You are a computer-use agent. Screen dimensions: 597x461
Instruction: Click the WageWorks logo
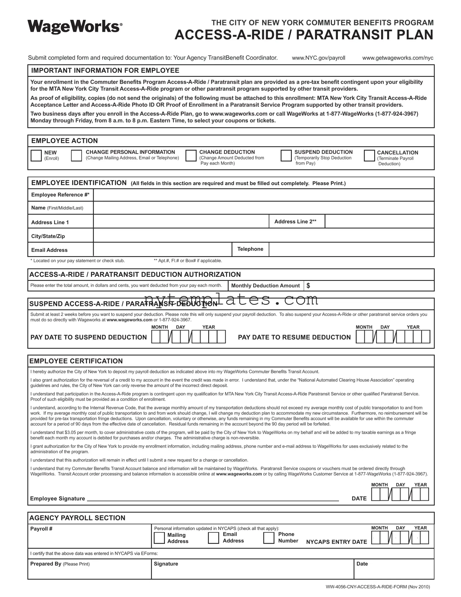tap(75, 27)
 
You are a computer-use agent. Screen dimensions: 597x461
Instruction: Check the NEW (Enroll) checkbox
tap(36, 155)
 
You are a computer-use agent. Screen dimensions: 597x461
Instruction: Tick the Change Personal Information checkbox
tap(76, 155)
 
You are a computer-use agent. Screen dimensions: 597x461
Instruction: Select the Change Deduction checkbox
tap(191, 155)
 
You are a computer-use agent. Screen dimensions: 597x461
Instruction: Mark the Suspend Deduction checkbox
tap(286, 155)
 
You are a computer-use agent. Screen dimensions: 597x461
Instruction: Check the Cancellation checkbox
tap(369, 155)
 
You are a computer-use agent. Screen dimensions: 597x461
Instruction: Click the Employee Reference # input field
tap(263, 195)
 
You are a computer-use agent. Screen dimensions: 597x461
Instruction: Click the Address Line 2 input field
tap(379, 221)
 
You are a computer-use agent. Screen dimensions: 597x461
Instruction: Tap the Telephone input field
tap(351, 249)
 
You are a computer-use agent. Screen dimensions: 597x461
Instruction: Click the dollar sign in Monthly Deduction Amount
tap(308, 286)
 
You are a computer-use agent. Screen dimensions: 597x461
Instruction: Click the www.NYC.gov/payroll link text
tap(318, 58)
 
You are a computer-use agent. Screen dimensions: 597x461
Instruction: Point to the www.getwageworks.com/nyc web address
tap(398, 58)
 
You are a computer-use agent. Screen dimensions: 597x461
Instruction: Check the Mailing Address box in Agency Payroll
tap(159, 538)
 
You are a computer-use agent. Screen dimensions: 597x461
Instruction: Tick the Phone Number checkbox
tap(269, 538)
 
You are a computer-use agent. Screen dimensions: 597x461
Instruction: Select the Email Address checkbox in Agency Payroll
tap(213, 538)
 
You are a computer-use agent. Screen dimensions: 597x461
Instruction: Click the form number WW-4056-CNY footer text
tap(377, 587)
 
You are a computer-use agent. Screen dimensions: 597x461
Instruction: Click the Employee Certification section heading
tap(76, 361)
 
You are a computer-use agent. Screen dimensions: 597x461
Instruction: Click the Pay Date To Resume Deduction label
tap(294, 337)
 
